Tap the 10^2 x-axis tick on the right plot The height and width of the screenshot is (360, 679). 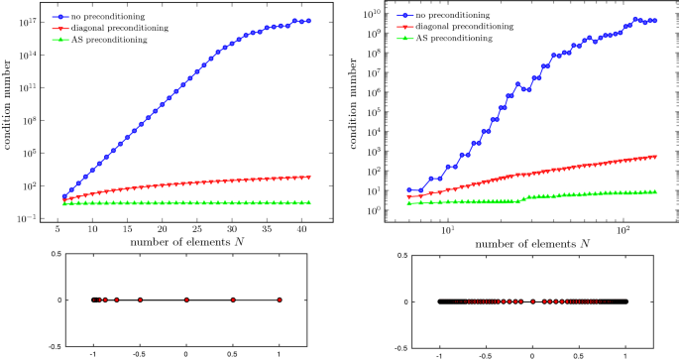[x=623, y=229]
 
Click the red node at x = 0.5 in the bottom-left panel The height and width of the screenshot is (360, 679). [x=233, y=300]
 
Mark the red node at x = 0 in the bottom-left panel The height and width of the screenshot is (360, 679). [x=186, y=300]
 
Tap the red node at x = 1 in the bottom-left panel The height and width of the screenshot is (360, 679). [x=280, y=300]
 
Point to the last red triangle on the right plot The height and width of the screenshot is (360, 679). [x=654, y=156]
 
